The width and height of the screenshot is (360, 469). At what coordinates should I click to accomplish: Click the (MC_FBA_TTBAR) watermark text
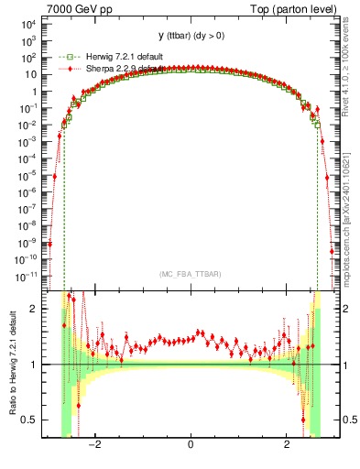pos(190,275)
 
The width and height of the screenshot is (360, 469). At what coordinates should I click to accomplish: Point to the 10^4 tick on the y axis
pos(27,26)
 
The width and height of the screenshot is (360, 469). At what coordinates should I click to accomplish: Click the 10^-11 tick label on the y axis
pos(25,274)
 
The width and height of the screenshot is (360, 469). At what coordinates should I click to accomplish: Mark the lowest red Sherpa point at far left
pos(50,244)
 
